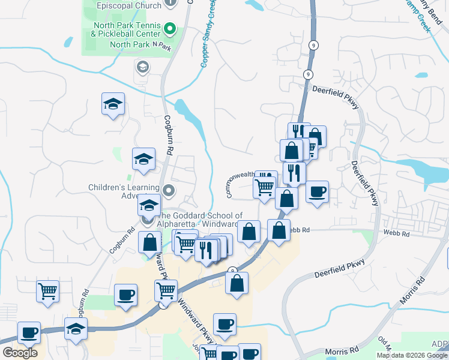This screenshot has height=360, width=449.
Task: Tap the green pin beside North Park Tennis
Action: point(170,28)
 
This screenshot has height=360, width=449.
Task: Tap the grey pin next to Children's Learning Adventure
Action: point(169,192)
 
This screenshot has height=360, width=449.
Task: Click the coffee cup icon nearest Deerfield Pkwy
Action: point(318,192)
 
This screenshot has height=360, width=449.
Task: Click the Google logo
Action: point(20,352)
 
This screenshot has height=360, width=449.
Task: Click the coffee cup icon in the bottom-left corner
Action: point(29,332)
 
